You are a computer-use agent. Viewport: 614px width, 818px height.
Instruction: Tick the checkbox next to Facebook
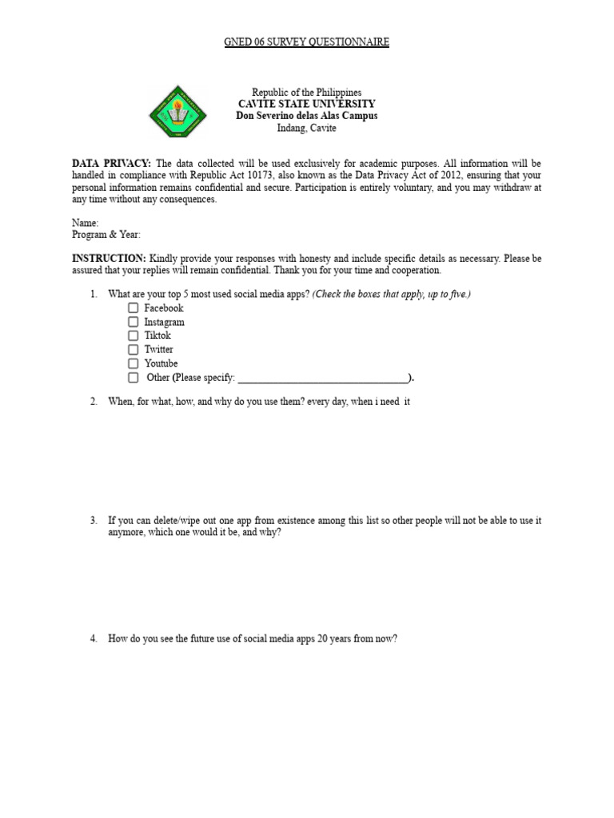[x=133, y=308]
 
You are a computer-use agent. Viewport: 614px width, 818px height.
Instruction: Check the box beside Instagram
[x=133, y=322]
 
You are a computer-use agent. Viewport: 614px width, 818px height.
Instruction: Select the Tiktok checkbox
[x=133, y=336]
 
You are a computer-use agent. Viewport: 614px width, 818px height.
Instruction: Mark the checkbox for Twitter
[x=133, y=349]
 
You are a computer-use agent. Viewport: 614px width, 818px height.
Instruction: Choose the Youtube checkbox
[x=133, y=363]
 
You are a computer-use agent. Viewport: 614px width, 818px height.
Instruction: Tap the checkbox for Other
[x=133, y=377]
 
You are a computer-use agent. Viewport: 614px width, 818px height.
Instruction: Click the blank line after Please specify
[x=323, y=379]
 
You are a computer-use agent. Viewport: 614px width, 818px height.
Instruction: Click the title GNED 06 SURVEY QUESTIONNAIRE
[x=306, y=42]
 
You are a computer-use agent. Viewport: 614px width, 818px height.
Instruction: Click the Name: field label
[x=86, y=224]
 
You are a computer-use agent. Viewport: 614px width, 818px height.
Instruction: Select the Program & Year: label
[x=106, y=235]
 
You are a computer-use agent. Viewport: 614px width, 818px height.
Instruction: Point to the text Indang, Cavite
[x=306, y=128]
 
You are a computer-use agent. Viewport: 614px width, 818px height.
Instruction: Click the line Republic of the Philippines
[x=306, y=93]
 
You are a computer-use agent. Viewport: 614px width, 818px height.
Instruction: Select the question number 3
[x=94, y=521]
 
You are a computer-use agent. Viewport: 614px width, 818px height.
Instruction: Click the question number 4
[x=94, y=639]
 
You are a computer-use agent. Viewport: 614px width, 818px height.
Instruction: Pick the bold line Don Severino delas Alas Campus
[x=306, y=116]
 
